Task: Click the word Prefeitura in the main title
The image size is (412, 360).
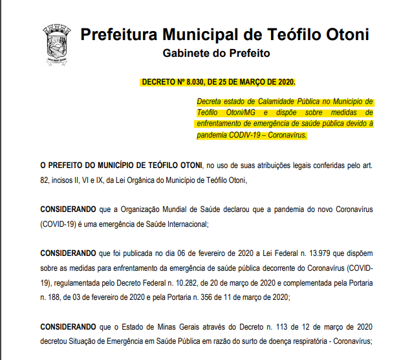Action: pos(118,34)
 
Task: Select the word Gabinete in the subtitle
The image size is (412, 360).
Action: pos(186,53)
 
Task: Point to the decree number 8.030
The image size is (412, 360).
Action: pos(195,83)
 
